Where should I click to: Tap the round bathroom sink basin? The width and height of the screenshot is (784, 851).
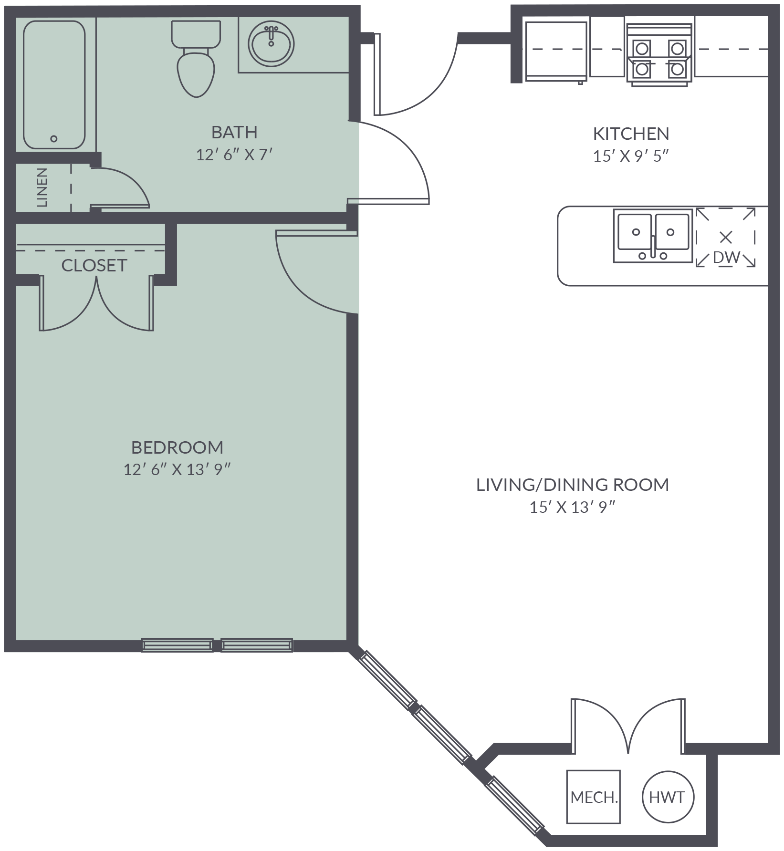271,44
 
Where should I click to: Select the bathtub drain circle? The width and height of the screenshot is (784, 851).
54,139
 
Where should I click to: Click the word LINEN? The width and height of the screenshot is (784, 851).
42,187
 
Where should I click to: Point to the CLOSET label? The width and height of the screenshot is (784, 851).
94,265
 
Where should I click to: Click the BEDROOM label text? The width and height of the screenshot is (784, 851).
177,447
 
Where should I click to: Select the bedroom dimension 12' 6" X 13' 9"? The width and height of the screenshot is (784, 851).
177,470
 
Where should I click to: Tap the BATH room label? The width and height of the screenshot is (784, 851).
234,132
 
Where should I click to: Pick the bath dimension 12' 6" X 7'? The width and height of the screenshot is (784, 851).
234,155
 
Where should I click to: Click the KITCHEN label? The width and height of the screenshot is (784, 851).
631,134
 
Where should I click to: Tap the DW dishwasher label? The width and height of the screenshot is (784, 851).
726,258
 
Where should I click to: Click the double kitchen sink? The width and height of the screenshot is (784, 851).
653,236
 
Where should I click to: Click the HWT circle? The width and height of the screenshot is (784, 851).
668,797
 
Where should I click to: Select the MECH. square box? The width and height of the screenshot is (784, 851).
594,797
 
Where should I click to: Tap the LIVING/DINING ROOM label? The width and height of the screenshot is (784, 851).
573,485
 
